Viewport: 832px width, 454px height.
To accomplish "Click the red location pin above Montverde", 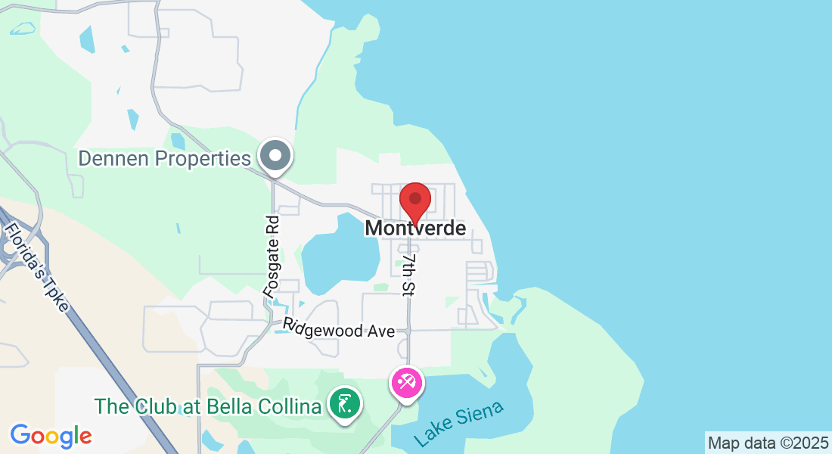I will point(414,200).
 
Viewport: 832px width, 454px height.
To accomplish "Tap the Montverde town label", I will point(415,228).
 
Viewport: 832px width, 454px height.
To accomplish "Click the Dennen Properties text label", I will point(164,159).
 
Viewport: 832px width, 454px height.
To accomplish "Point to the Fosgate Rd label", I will point(272,255).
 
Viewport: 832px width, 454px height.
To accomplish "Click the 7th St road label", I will point(410,274).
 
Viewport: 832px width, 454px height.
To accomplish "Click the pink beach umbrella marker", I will point(406,383).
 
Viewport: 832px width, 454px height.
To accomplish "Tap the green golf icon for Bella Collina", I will point(346,404).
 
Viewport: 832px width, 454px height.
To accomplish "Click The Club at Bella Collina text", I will point(208,406).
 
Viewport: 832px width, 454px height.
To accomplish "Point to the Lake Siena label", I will point(458,424).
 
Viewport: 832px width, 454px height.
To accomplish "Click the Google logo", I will point(51,436).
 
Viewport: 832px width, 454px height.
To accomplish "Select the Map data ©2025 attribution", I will point(768,442).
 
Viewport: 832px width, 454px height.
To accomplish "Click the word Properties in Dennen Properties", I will point(203,159).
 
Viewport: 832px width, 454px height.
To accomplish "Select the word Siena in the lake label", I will point(481,415).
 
